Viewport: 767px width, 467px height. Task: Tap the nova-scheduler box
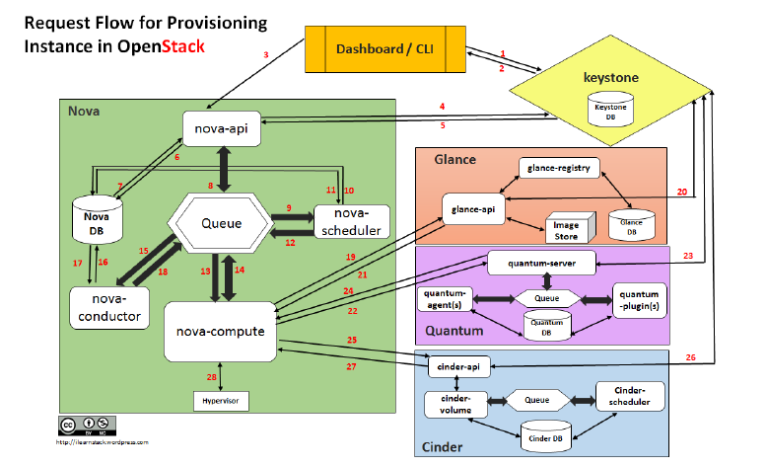pyautogui.click(x=352, y=222)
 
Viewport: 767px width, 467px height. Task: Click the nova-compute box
pyautogui.click(x=220, y=331)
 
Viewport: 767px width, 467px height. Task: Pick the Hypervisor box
pyautogui.click(x=221, y=401)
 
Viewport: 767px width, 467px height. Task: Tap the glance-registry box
pyautogui.click(x=559, y=168)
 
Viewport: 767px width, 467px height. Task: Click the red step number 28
pyautogui.click(x=211, y=377)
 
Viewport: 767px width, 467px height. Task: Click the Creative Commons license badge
pyautogui.click(x=80, y=426)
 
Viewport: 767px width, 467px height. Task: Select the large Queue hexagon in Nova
pyautogui.click(x=222, y=223)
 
